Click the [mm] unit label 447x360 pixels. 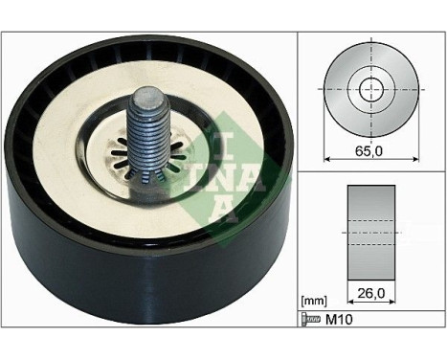click(313, 300)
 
